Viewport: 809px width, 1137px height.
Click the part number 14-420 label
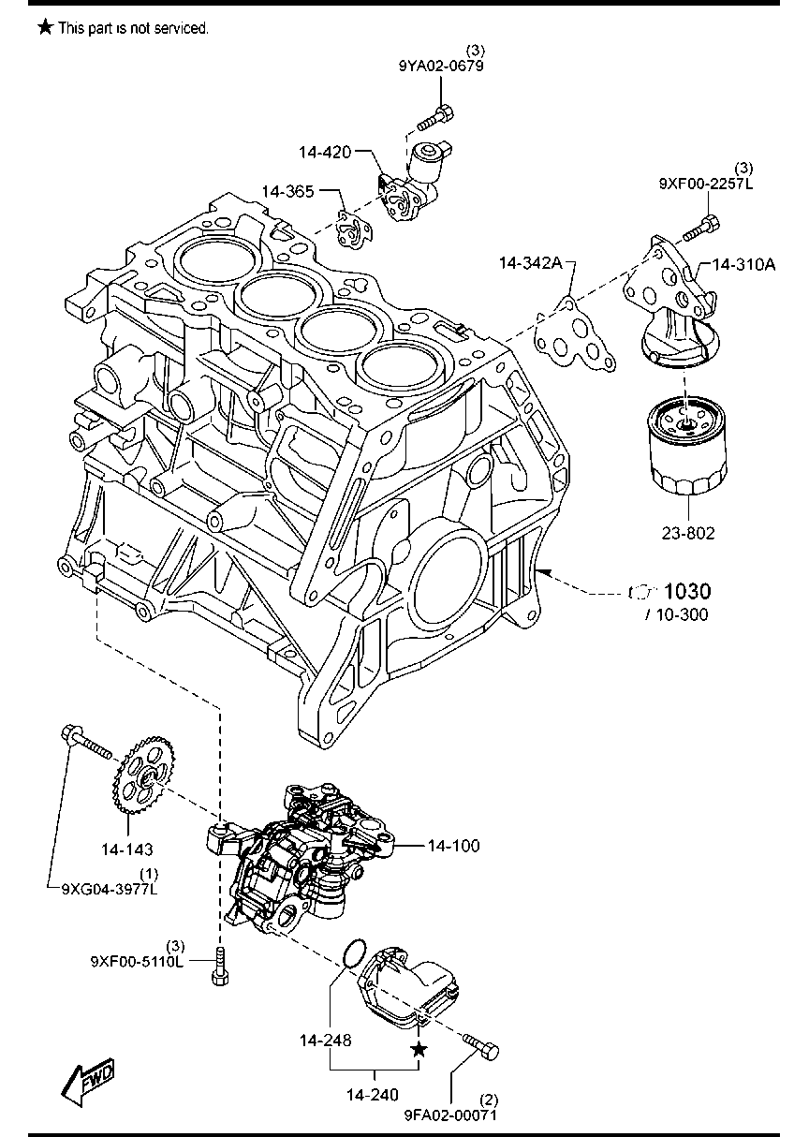(x=325, y=151)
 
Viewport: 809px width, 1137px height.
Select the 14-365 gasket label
(x=287, y=191)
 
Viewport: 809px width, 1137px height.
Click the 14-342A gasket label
(x=530, y=265)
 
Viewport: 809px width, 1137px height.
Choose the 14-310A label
(x=743, y=265)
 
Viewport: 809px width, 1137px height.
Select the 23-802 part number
(x=687, y=533)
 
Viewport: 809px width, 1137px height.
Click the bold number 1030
(x=687, y=591)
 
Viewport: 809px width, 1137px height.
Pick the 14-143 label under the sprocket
(x=127, y=849)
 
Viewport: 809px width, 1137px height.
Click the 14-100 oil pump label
(x=453, y=846)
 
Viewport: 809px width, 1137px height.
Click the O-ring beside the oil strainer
(x=352, y=953)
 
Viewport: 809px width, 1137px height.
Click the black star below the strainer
(x=419, y=1051)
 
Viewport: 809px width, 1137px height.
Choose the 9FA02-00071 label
(x=450, y=1115)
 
